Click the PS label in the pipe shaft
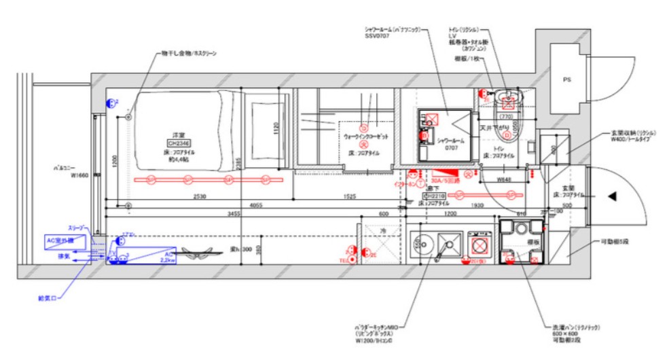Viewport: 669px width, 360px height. pos(566,79)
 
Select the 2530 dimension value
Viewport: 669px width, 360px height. pos(198,196)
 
